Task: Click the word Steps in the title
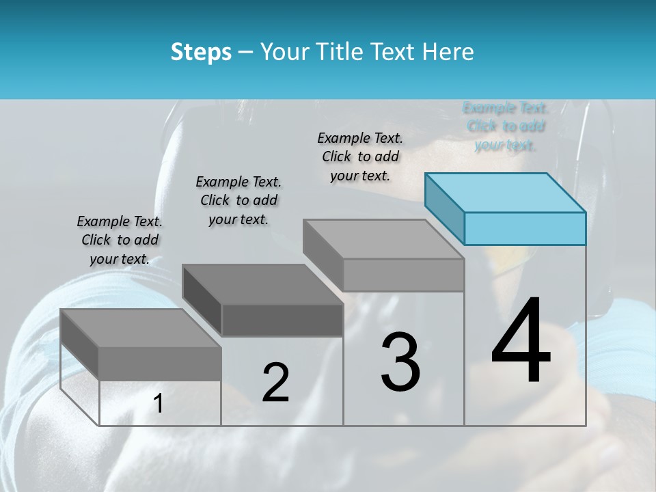pyautogui.click(x=201, y=52)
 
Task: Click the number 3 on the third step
pyautogui.click(x=400, y=361)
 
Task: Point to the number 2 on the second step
pyautogui.click(x=276, y=383)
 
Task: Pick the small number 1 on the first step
pyautogui.click(x=159, y=404)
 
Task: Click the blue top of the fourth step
pyautogui.click(x=506, y=193)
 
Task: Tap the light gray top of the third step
pyautogui.click(x=383, y=239)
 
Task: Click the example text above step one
pyautogui.click(x=120, y=240)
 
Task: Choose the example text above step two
pyautogui.click(x=238, y=200)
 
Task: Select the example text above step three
pyautogui.click(x=360, y=156)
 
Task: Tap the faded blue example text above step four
pyautogui.click(x=506, y=126)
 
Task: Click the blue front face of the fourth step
pyautogui.click(x=525, y=228)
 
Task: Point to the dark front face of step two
pyautogui.click(x=282, y=320)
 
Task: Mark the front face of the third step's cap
pyautogui.click(x=403, y=275)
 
